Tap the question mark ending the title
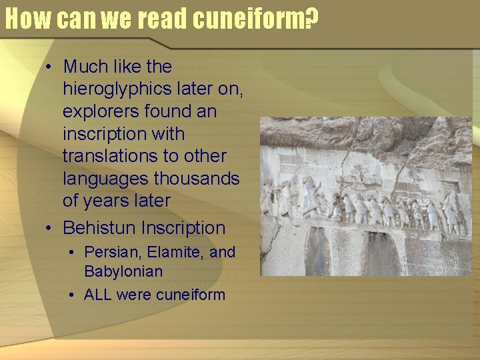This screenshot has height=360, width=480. (309, 20)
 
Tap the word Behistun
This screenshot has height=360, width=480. (99, 228)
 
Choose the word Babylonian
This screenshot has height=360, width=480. (123, 271)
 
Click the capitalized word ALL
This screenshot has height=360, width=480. (98, 295)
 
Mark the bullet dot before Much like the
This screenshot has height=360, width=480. (49, 67)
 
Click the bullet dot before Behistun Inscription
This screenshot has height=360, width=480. (49, 229)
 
